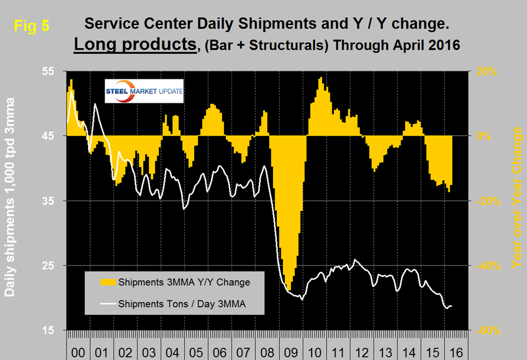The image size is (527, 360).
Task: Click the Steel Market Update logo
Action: [x=144, y=91]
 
